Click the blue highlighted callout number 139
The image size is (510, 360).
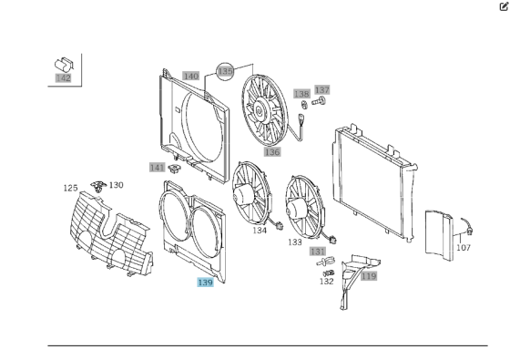(x=205, y=283)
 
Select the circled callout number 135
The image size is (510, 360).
(x=225, y=71)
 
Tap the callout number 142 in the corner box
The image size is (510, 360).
(x=63, y=78)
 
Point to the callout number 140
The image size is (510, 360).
(x=190, y=77)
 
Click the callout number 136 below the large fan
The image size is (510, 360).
(x=272, y=152)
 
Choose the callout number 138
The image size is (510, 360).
(x=301, y=94)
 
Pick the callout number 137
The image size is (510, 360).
(x=322, y=90)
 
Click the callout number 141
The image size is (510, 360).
(x=158, y=168)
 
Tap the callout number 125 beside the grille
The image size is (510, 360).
(x=71, y=188)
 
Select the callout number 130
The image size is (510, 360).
(x=117, y=185)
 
